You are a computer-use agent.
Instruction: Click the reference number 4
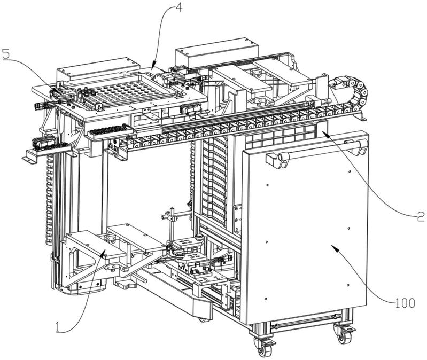178,6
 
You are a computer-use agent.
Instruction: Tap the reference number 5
6,53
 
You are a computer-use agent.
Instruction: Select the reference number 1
57,327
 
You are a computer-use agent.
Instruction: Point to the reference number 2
421,216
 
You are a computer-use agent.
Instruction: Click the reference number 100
405,303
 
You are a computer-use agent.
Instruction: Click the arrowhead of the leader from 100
332,246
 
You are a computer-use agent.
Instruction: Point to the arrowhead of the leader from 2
322,132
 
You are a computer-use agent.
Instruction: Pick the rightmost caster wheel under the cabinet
343,334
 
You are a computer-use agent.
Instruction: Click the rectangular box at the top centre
217,53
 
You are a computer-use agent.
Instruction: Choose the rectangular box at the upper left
98,69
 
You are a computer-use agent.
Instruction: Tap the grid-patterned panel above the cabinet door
281,135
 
